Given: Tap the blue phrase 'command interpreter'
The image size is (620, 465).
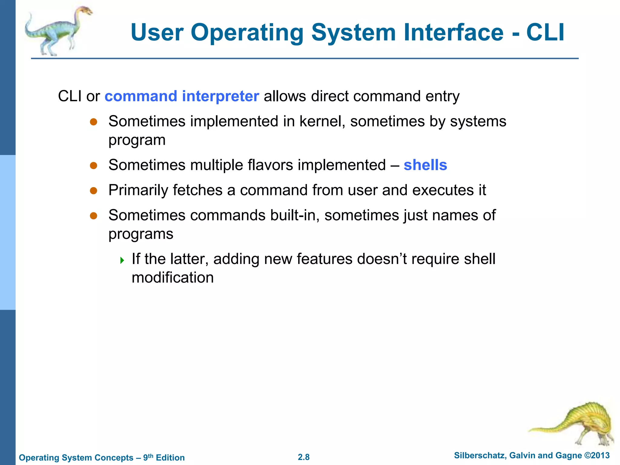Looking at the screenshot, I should coord(182,96).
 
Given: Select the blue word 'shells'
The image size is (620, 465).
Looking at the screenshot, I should coord(425,165).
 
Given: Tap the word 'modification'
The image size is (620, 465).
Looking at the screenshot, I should coord(173,278).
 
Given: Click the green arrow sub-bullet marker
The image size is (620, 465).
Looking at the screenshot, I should coord(122,260).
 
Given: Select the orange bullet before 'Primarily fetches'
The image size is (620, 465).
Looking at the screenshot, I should coord(94,191).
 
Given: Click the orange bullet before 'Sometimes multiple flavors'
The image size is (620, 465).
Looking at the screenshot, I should coord(94,166).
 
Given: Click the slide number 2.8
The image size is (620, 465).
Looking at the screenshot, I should coord(304,457).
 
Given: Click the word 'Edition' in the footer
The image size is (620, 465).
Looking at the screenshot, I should coord(170,457).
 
